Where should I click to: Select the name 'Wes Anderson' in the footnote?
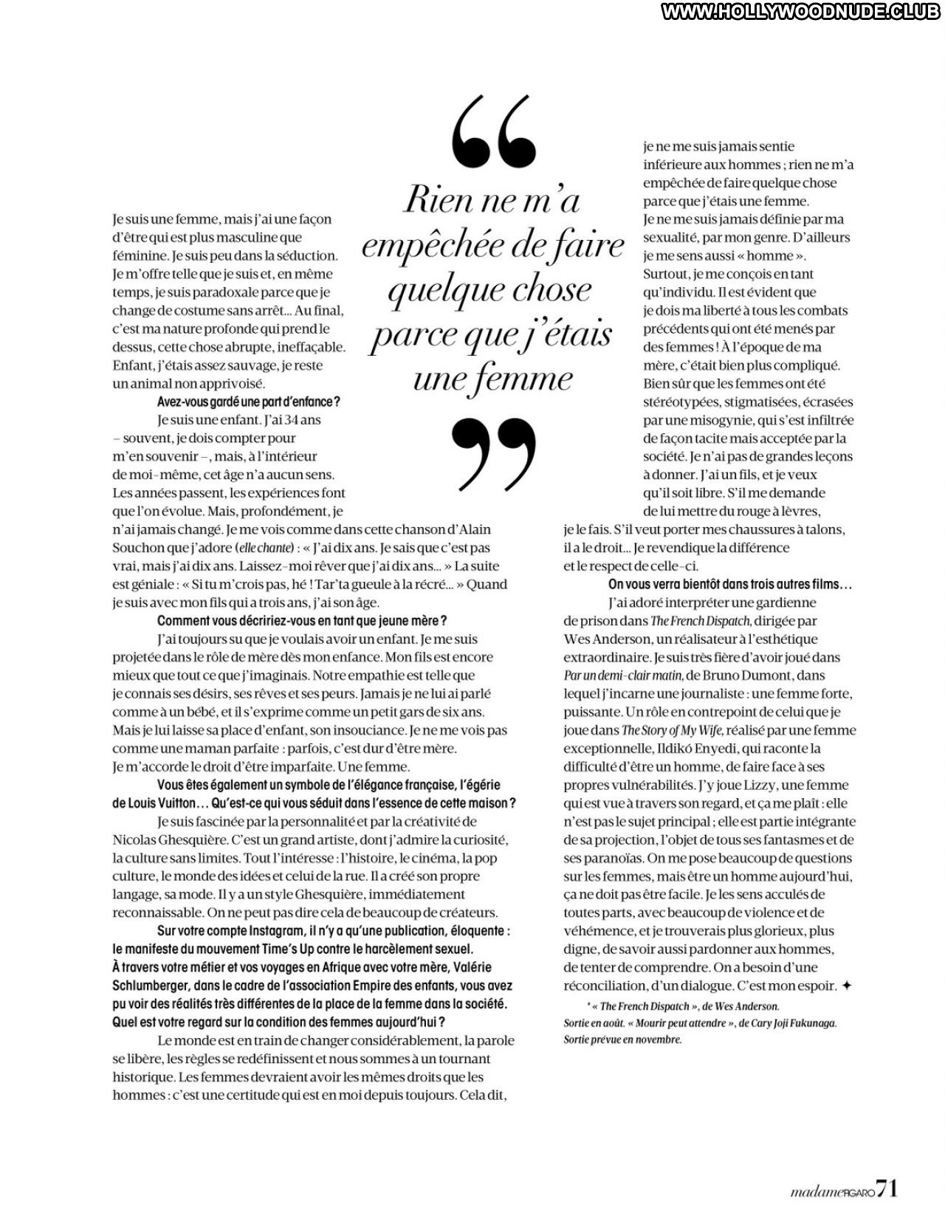tap(746, 1006)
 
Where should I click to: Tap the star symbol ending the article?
tap(847, 986)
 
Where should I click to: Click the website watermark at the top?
tap(803, 11)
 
